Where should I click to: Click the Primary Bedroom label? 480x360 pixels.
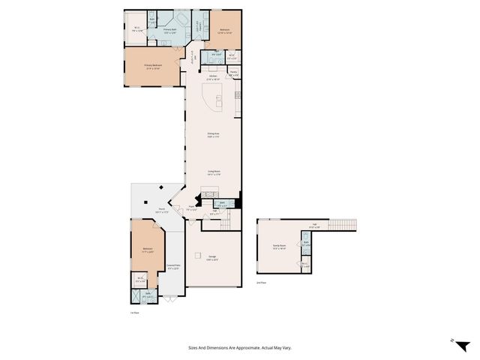(x=153, y=66)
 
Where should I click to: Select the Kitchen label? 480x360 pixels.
(x=214, y=77)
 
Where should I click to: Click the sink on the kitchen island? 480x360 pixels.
(x=218, y=97)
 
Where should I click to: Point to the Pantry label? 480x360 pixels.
(x=233, y=73)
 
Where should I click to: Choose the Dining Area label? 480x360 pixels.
(x=213, y=135)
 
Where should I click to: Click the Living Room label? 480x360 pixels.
(x=214, y=172)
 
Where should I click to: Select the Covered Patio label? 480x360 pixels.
(x=173, y=266)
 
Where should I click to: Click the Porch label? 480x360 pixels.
(x=161, y=211)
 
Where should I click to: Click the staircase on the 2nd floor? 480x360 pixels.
(x=344, y=224)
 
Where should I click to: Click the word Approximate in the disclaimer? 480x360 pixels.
(x=257, y=348)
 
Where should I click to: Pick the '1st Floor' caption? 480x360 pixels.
(x=135, y=313)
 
